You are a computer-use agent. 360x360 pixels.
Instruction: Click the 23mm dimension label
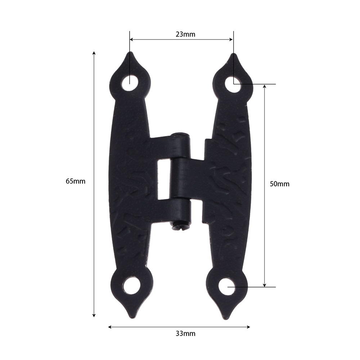(x=185, y=35)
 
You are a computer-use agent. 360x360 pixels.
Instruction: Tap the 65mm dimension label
(x=76, y=181)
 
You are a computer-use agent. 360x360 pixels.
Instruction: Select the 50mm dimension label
(x=279, y=184)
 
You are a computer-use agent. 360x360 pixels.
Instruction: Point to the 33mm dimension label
(x=185, y=334)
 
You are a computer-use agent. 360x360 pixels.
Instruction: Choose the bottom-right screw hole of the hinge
(x=227, y=287)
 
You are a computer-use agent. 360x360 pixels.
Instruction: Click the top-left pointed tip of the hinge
(x=130, y=52)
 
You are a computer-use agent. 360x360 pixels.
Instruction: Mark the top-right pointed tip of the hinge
(x=234, y=54)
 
